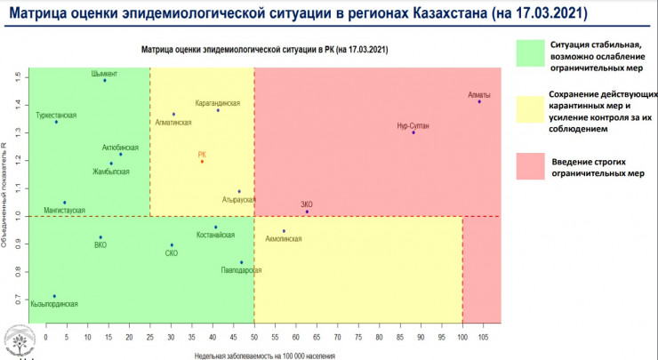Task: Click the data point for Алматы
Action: tap(479, 102)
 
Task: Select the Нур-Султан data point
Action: tap(413, 132)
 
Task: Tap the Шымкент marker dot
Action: tap(105, 81)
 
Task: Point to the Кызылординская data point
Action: tap(54, 296)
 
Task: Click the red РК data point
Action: tap(202, 162)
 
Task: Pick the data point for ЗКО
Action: tap(307, 212)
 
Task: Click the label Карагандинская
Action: tap(218, 102)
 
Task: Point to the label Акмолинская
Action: tap(285, 239)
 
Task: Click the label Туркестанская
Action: tap(56, 115)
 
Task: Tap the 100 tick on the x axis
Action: tap(462, 338)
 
